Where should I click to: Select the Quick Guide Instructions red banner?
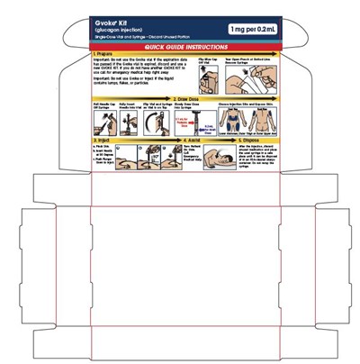click(180, 45)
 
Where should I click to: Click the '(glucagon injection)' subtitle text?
click(119, 31)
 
